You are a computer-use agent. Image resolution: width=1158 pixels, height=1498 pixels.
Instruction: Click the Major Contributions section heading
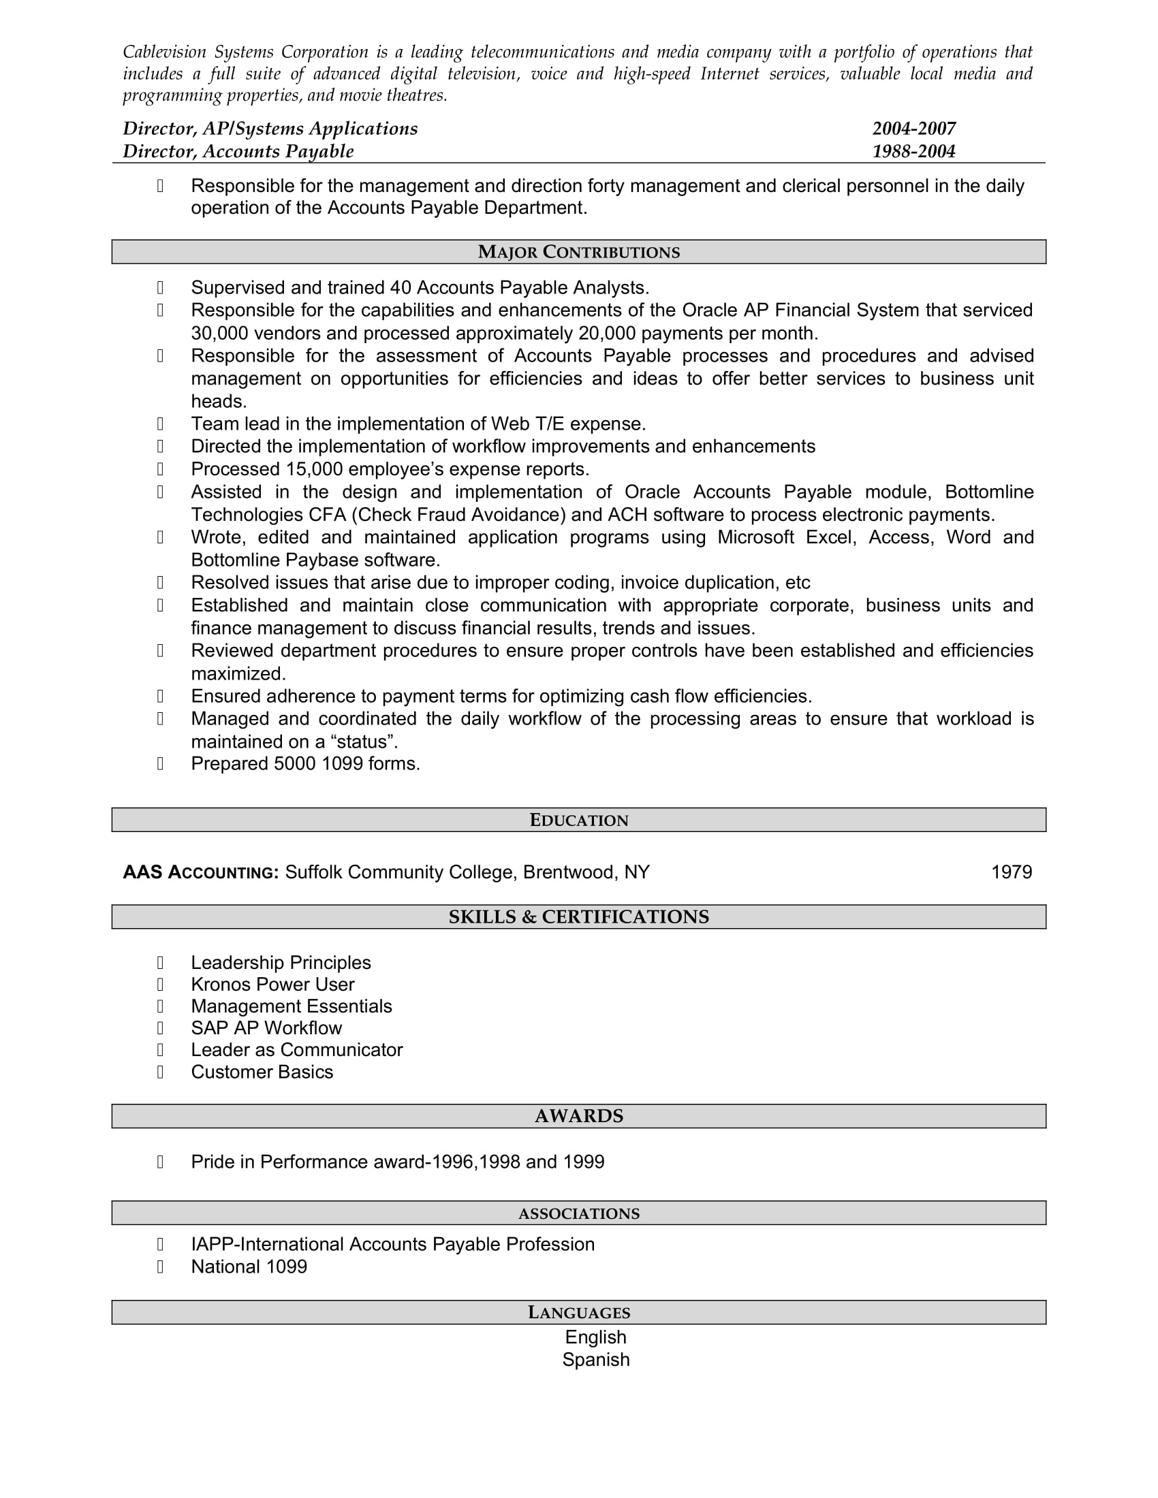point(578,252)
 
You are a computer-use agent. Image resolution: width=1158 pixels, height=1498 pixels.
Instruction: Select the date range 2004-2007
point(913,128)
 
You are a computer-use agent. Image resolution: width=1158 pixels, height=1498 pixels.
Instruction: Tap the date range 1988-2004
point(913,151)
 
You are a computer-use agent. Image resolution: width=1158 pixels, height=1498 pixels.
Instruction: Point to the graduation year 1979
point(1011,872)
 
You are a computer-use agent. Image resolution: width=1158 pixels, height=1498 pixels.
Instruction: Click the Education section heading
point(578,820)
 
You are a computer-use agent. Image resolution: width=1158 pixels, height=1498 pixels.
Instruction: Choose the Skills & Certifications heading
point(578,917)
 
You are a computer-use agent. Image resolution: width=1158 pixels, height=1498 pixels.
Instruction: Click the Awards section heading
point(578,1116)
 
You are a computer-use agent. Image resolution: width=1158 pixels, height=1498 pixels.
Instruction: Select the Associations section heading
point(578,1213)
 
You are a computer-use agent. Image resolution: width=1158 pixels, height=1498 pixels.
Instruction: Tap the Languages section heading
point(578,1312)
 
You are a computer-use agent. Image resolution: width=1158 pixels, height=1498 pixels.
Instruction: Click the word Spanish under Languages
point(595,1360)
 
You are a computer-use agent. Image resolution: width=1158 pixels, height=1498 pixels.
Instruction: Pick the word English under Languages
point(595,1337)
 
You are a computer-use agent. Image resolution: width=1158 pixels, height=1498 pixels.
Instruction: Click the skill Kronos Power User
point(272,985)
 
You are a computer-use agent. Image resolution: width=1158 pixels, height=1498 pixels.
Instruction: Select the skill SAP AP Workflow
point(266,1027)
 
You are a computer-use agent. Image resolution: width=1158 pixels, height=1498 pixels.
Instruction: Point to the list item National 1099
point(249,1266)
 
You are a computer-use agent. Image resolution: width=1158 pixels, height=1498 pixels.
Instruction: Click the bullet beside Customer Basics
point(160,1071)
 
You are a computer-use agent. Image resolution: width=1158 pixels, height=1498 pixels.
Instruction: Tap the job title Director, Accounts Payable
point(238,151)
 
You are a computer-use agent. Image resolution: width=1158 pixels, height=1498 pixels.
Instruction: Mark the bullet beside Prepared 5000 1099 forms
point(160,763)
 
